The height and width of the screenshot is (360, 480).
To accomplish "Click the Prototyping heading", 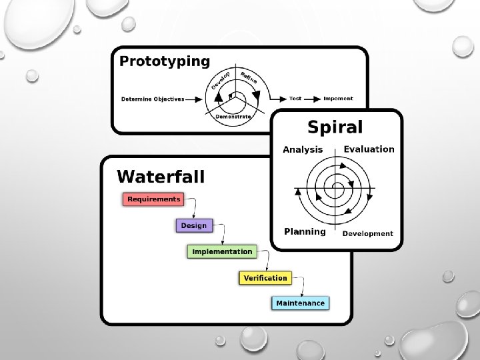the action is pyautogui.click(x=164, y=62).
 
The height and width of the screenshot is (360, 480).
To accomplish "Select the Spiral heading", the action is pyautogui.click(x=335, y=127).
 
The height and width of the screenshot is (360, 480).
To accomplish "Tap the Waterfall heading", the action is pyautogui.click(x=161, y=177).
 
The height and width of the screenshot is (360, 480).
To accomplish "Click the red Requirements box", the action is pyautogui.click(x=153, y=199).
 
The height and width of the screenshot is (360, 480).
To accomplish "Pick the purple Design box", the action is pyautogui.click(x=193, y=225).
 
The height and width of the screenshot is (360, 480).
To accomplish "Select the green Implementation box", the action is pyautogui.click(x=222, y=251).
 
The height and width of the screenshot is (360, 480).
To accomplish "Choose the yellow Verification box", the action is pyautogui.click(x=265, y=277).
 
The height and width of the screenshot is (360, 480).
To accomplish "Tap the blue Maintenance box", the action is pyautogui.click(x=301, y=303).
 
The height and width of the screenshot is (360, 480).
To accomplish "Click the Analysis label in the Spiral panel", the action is pyautogui.click(x=303, y=150).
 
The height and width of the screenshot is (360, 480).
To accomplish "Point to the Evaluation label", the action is pyautogui.click(x=369, y=149).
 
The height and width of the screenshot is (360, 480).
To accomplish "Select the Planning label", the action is pyautogui.click(x=305, y=232).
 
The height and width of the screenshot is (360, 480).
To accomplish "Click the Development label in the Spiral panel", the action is pyautogui.click(x=367, y=233).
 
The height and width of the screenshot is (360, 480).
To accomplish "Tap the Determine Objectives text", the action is pyautogui.click(x=153, y=99).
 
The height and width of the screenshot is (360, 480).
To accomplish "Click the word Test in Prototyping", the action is pyautogui.click(x=295, y=99).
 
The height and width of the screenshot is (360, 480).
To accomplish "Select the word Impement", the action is pyautogui.click(x=338, y=99).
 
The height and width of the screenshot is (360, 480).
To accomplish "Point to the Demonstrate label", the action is pyautogui.click(x=233, y=117).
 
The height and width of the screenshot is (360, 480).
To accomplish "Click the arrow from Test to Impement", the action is pyautogui.click(x=313, y=99).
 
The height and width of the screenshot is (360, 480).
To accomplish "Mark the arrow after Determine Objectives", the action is pyautogui.click(x=195, y=99).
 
